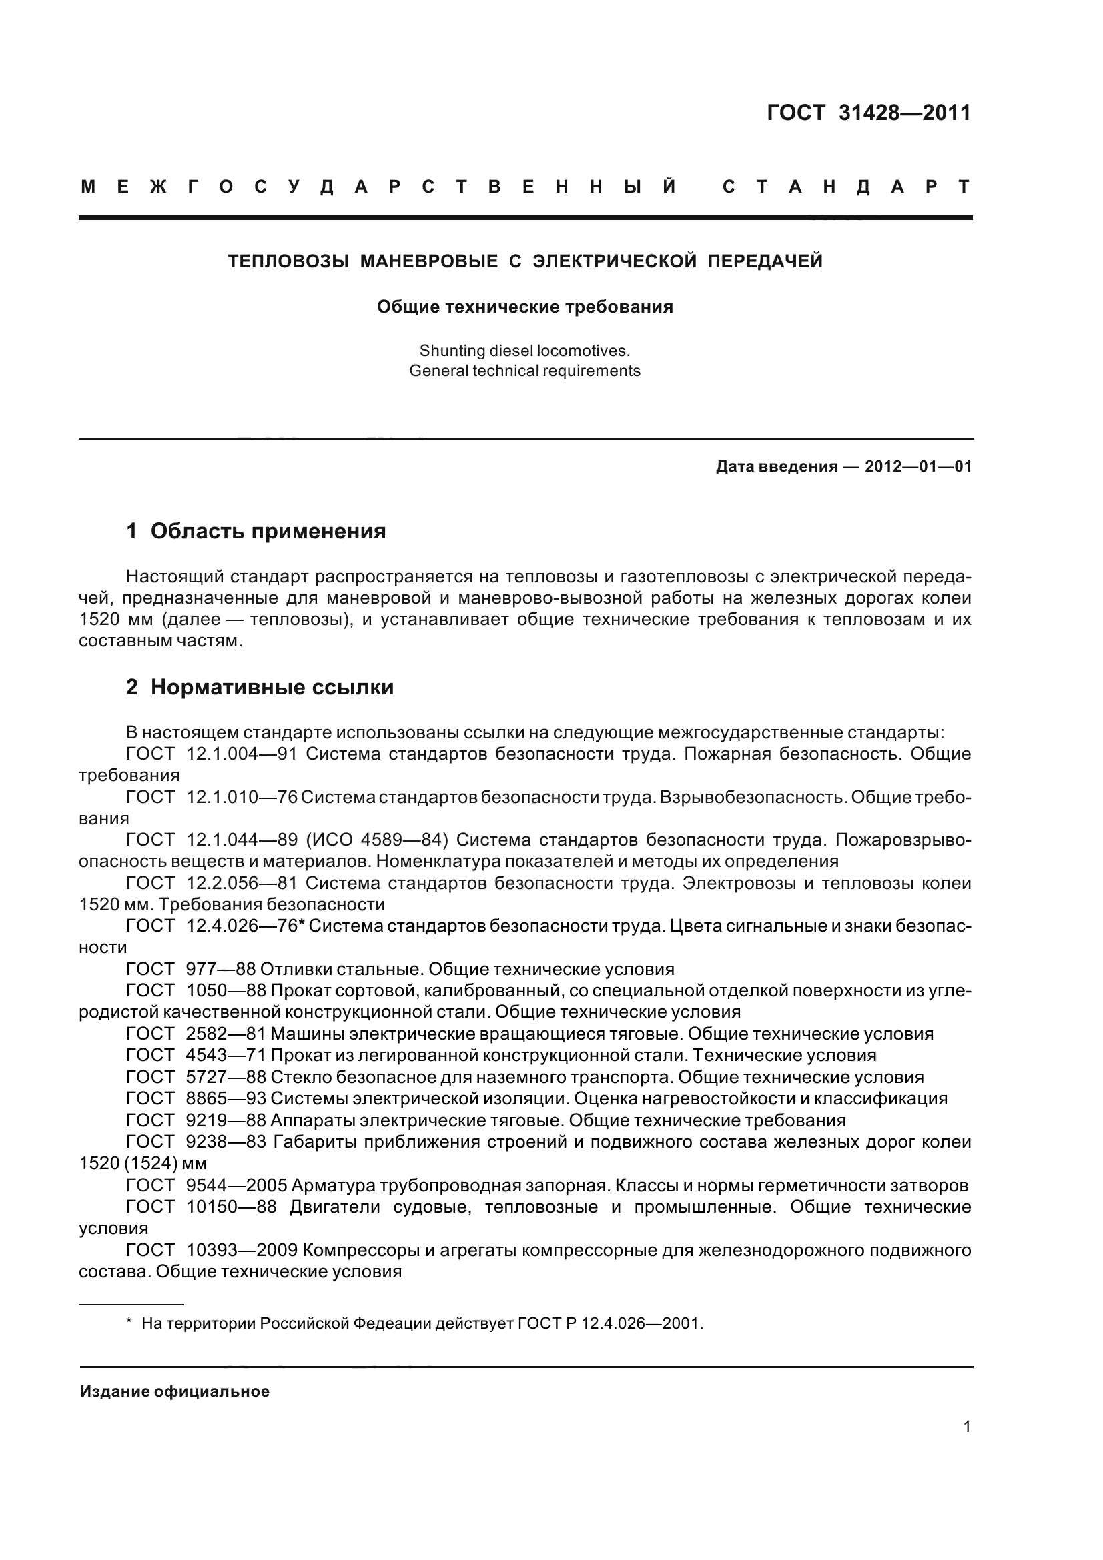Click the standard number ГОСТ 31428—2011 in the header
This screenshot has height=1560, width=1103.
click(869, 113)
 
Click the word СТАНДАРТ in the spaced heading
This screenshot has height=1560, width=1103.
click(846, 187)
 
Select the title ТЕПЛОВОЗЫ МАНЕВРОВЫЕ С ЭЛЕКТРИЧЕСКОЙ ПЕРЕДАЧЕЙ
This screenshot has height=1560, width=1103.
click(524, 261)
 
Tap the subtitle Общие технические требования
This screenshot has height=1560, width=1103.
click(524, 307)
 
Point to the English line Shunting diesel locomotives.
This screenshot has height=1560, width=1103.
click(524, 351)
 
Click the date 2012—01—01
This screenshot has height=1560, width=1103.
click(918, 467)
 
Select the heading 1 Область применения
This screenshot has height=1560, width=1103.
click(256, 531)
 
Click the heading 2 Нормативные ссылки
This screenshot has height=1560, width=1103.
click(260, 688)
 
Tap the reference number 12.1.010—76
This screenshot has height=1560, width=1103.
click(242, 797)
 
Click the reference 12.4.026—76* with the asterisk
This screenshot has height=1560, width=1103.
click(245, 926)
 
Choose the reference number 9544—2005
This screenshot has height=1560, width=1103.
click(235, 1186)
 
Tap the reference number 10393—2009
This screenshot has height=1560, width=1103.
click(241, 1250)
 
